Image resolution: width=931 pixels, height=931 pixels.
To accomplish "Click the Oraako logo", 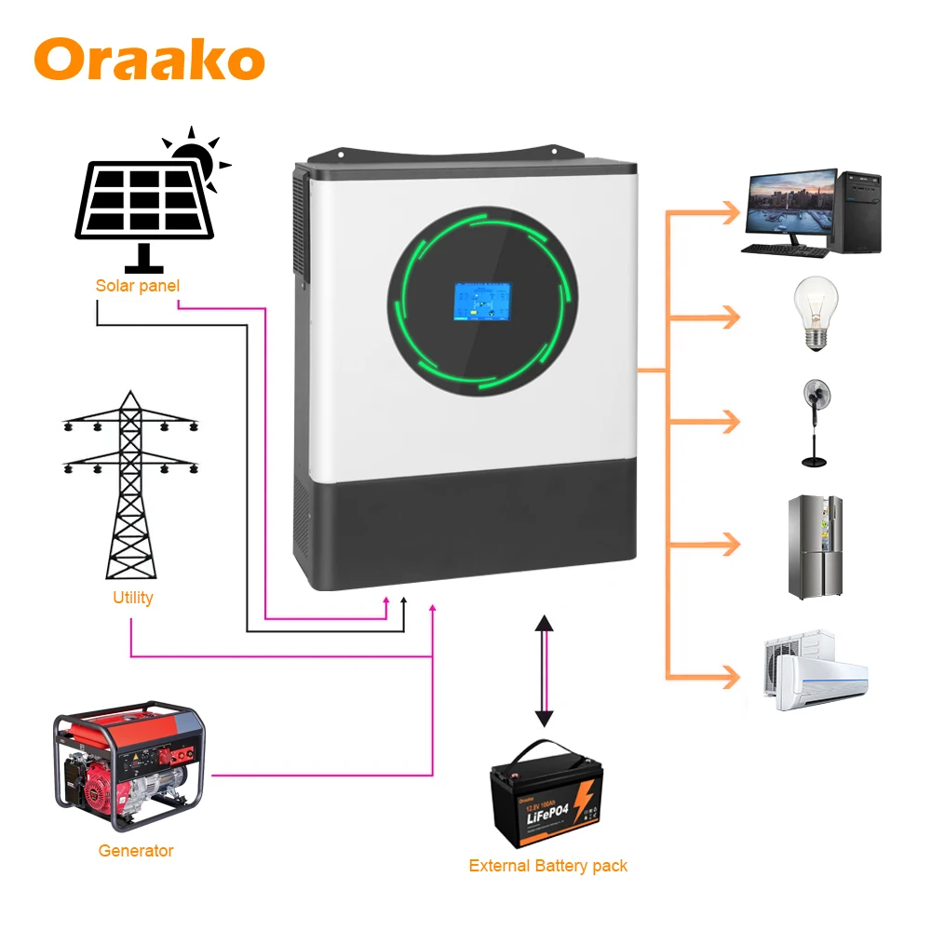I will [149, 59].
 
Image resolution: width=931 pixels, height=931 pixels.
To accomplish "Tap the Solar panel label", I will [137, 285].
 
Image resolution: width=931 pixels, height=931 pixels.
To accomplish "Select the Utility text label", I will [132, 598].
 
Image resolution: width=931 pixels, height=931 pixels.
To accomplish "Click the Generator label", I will [136, 850].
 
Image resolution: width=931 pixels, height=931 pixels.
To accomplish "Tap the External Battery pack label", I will [547, 866].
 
